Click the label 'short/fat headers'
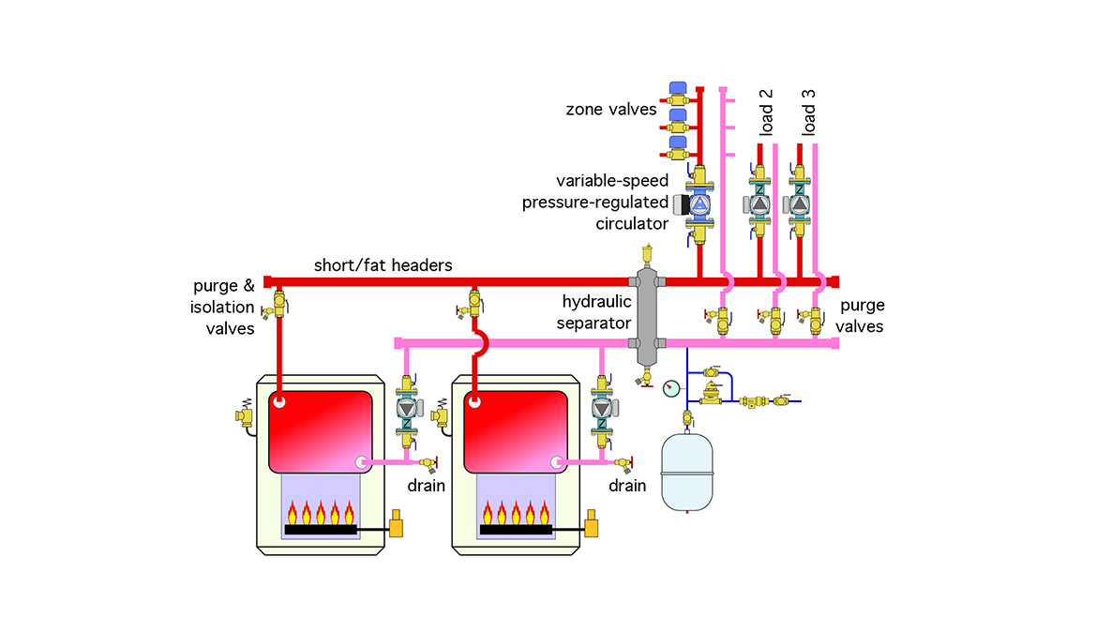(x=383, y=265)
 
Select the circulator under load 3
(x=800, y=203)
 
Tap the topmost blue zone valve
(x=680, y=92)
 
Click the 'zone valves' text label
(x=610, y=110)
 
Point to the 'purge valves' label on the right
(x=862, y=316)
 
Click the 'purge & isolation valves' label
(x=223, y=307)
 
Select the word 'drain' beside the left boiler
(x=425, y=486)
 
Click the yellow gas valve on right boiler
(x=592, y=523)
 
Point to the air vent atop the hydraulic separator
(x=645, y=253)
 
